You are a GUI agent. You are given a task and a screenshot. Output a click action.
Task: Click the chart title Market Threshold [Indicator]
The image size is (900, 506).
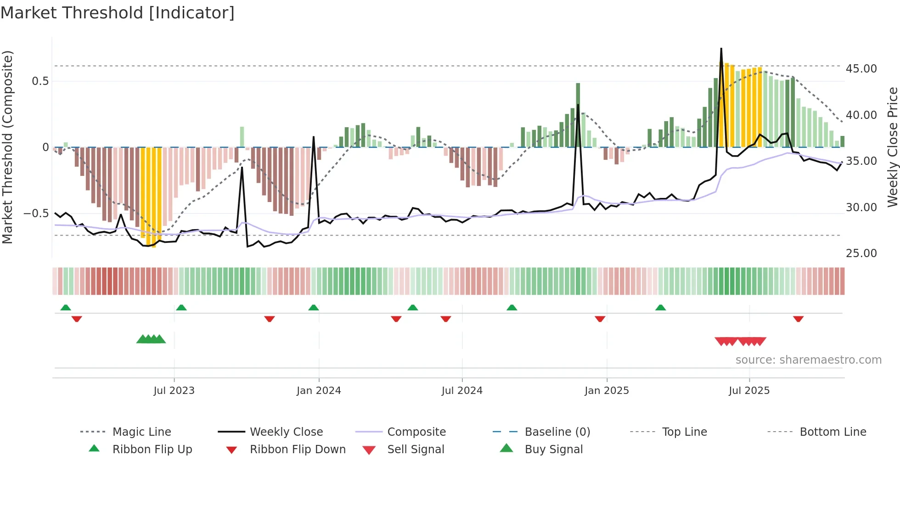[x=118, y=13]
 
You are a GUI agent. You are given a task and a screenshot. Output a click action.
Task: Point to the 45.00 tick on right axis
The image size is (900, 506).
[x=861, y=69]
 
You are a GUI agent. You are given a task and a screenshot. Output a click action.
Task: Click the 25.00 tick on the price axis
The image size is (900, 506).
[x=861, y=253]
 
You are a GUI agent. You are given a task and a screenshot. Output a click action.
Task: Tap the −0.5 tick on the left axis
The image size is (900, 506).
[x=36, y=214]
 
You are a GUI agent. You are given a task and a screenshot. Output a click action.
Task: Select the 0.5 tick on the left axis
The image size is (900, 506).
[x=40, y=81]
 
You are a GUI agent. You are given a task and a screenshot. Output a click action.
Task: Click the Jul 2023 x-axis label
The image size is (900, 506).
[x=174, y=391]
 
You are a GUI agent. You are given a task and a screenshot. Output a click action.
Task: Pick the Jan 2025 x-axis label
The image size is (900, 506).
[x=607, y=391]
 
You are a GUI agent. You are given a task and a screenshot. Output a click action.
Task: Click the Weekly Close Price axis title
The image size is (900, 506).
[x=892, y=147]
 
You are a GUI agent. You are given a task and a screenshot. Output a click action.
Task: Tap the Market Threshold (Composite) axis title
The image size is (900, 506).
[x=7, y=147]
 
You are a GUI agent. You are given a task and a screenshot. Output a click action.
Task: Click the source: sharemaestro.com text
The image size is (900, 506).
[x=808, y=360]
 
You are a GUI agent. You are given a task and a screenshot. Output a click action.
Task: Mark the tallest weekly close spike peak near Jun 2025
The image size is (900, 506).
[x=721, y=49]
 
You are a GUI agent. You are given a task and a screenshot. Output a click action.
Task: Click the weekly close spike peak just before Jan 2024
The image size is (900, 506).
[x=314, y=137]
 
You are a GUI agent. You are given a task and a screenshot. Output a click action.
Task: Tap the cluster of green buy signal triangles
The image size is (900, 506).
[x=151, y=339]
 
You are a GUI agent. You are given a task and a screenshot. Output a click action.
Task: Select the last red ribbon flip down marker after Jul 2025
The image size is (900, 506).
[x=798, y=319]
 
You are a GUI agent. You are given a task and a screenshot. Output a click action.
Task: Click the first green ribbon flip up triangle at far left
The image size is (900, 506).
[x=66, y=308]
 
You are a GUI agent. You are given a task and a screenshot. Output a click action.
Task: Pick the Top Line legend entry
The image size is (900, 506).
[x=684, y=432]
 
